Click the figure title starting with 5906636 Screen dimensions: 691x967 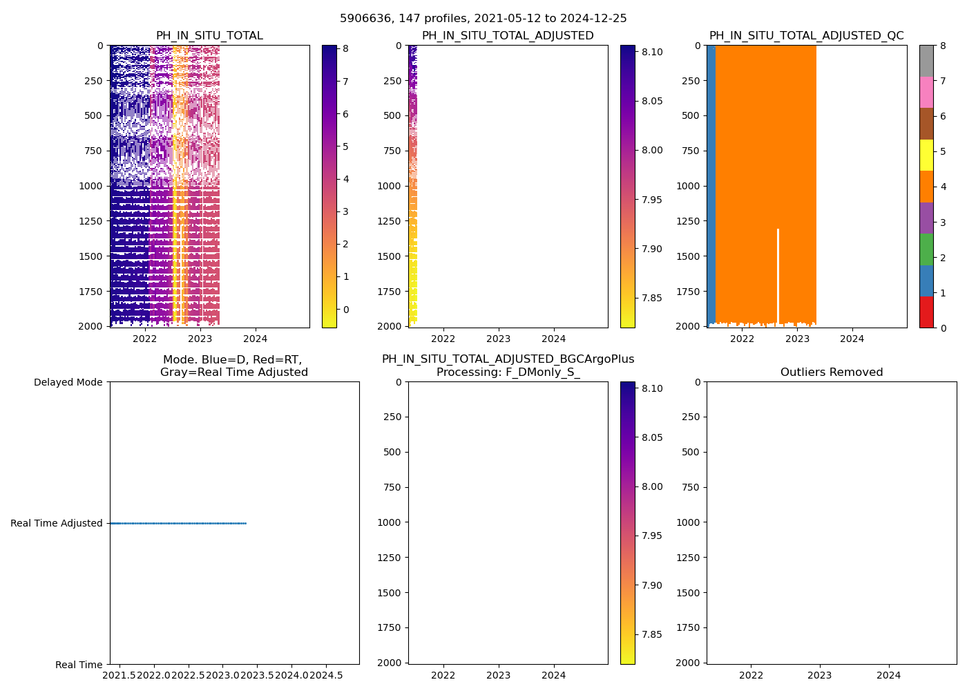483,19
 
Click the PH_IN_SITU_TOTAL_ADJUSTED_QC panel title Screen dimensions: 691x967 806,36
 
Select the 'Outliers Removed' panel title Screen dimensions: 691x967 831,372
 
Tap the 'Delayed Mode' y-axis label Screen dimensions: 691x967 68,382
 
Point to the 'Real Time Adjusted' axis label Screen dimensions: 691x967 57,523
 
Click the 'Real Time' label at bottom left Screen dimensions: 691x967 79,665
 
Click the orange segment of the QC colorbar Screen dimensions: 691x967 926,187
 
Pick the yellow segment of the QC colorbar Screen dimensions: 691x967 926,155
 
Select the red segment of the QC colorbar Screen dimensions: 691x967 926,312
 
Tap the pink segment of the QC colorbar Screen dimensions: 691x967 926,93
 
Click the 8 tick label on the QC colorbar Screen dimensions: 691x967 943,46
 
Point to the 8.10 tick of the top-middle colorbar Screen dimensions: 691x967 651,52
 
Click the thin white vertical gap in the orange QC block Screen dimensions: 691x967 778,276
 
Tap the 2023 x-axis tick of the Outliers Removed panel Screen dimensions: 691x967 820,675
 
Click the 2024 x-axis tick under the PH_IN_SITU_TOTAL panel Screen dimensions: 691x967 255,339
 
